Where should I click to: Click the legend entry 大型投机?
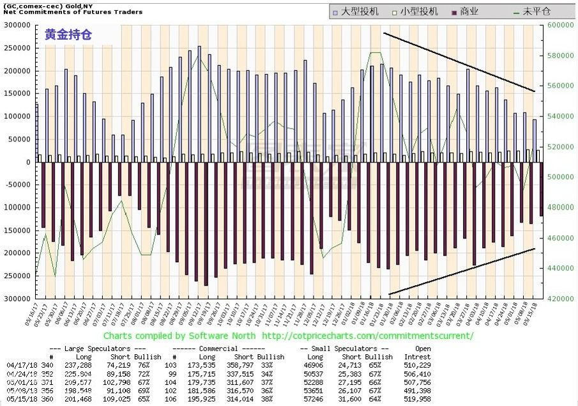pyautogui.click(x=360, y=12)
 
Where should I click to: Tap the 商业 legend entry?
pyautogui.click(x=469, y=12)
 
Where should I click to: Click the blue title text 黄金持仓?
pyautogui.click(x=68, y=35)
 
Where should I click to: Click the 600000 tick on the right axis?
pyautogui.click(x=559, y=25)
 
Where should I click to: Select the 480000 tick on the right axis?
pyautogui.click(x=559, y=207)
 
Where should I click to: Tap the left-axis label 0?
pyautogui.click(x=27, y=162)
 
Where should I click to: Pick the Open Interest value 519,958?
pyautogui.click(x=418, y=398)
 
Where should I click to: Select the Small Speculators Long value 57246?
pyautogui.click(x=310, y=398)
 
